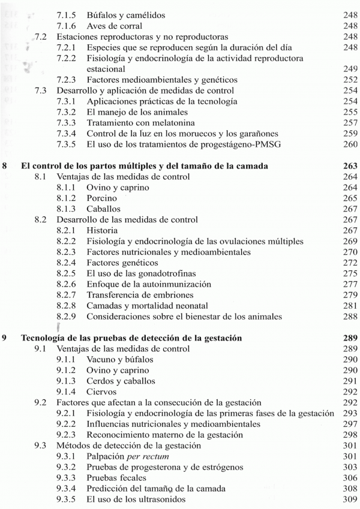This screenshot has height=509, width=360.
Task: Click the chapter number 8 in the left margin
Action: tap(5, 162)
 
